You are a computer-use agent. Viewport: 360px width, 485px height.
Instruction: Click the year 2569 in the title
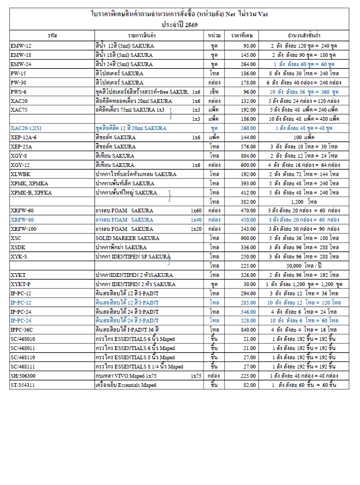[x=189, y=24]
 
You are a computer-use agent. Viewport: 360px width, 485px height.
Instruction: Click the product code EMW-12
[x=21, y=46]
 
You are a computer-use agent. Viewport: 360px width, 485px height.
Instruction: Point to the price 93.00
[x=249, y=46]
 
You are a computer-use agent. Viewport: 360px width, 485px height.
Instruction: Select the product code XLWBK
[x=21, y=174]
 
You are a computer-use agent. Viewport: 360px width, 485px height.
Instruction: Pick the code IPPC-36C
[x=22, y=329]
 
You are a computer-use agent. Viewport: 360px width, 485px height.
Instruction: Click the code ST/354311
[x=23, y=385]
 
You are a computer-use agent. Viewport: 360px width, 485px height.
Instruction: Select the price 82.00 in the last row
[x=249, y=385]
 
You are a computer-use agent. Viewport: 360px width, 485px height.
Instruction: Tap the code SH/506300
[x=23, y=376]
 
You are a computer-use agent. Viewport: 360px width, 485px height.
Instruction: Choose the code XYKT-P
[x=21, y=284]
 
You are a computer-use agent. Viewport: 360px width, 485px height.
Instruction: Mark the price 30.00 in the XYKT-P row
[x=249, y=284]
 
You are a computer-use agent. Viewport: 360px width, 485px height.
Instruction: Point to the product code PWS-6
[x=18, y=92]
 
